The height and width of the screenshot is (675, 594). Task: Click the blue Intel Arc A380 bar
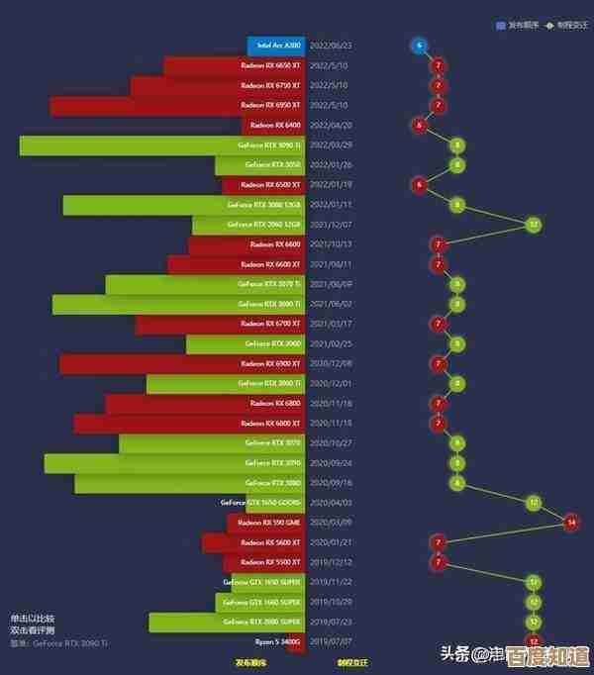276,46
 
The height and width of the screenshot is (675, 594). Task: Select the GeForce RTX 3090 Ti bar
162,145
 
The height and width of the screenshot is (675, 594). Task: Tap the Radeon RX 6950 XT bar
178,106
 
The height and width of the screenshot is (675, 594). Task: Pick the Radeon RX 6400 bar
273,126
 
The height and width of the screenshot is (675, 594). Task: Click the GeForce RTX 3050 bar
260,165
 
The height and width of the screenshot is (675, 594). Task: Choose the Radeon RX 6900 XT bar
182,364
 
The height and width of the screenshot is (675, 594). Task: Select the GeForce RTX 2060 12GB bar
248,225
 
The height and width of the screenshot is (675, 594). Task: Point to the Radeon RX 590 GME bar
266,523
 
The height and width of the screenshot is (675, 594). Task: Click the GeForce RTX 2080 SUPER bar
227,622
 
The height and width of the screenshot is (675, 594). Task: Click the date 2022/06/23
331,46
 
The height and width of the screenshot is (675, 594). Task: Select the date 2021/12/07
331,225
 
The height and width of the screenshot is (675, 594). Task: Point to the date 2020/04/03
331,503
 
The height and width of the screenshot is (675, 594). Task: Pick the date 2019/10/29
331,602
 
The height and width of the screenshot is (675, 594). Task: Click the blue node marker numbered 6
420,46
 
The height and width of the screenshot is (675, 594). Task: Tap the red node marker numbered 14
571,522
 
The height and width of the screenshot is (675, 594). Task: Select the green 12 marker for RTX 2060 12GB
534,225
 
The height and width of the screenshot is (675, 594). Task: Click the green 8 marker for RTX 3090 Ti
456,145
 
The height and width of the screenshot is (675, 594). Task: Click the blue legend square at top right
501,25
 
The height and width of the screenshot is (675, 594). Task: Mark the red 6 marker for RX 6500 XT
420,185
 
